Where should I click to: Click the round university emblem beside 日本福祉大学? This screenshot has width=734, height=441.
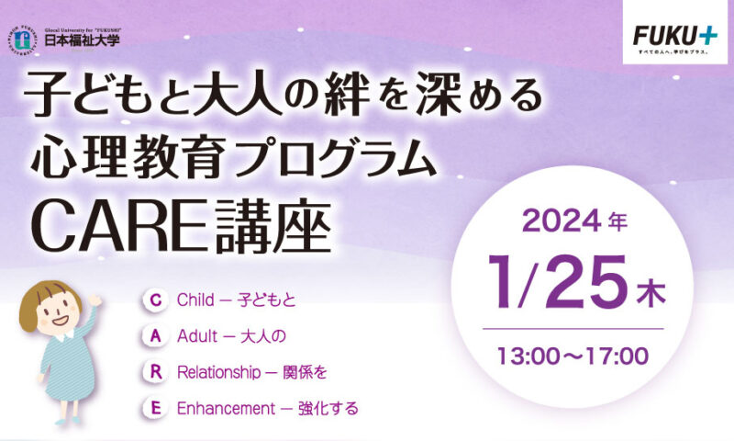click(x=21, y=40)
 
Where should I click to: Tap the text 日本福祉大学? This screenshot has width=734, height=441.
click(x=82, y=40)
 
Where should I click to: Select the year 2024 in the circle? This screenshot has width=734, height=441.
click(x=562, y=220)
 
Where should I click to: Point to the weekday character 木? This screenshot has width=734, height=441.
click(x=651, y=293)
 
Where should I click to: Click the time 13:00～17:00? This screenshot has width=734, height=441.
click(x=573, y=356)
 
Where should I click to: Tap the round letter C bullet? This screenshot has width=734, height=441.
click(x=156, y=300)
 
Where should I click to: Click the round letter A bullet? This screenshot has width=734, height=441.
click(x=156, y=336)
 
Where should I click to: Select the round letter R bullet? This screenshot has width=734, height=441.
click(x=156, y=372)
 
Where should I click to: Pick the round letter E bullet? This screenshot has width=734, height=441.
click(x=156, y=408)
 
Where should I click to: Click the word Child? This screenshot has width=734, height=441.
click(x=195, y=300)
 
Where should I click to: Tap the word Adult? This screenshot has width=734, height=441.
click(x=197, y=336)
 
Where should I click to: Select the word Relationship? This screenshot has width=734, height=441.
click(x=218, y=373)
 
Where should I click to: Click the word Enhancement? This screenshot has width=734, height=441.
click(x=226, y=409)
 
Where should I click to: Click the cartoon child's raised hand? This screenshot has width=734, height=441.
click(x=95, y=300)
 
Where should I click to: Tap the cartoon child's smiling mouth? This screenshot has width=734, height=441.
click(x=60, y=321)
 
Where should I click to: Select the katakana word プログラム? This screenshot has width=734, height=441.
click(x=335, y=157)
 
